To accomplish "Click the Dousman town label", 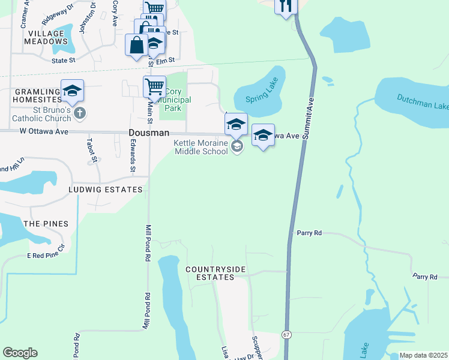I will pyautogui.click(x=149, y=133).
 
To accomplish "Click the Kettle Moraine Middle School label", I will pyautogui.click(x=201, y=147).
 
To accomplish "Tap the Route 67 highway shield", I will pyautogui.click(x=286, y=335).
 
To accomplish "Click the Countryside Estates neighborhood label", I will pyautogui.click(x=215, y=273).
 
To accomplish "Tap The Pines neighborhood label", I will pyautogui.click(x=46, y=223).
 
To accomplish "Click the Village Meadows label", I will pyautogui.click(x=46, y=37).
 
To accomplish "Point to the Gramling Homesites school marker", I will pyautogui.click(x=72, y=91).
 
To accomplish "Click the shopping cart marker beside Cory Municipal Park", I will pyautogui.click(x=154, y=87).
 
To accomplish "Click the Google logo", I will pyautogui.click(x=20, y=353).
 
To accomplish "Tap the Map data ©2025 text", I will pyautogui.click(x=423, y=355).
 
